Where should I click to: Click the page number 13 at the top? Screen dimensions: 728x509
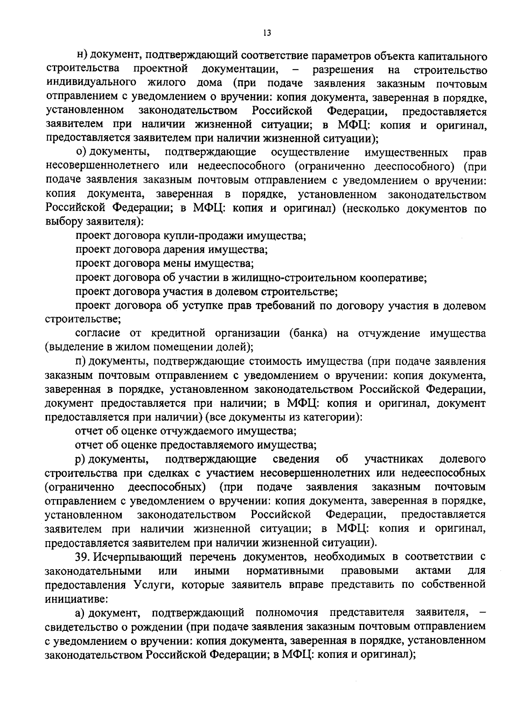pos(267,33)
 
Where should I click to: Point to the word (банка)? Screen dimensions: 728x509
pos(308,333)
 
